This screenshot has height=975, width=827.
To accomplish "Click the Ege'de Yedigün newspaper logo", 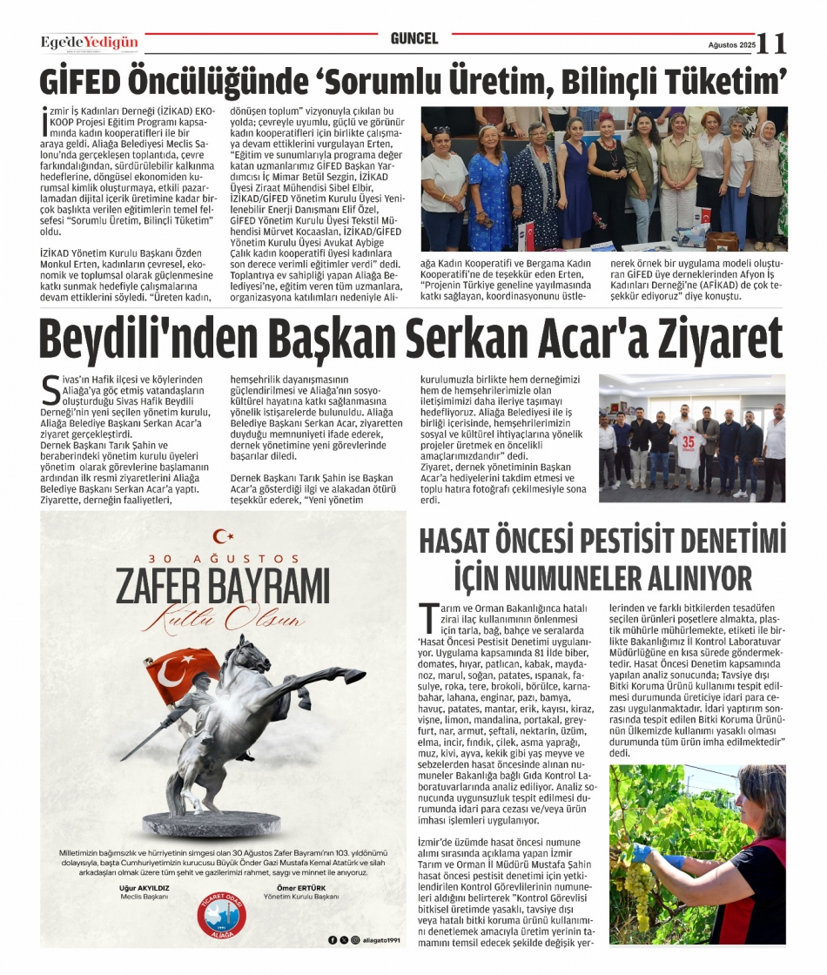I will pyautogui.click(x=89, y=43).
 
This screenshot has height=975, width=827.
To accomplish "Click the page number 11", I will pyautogui.click(x=771, y=43).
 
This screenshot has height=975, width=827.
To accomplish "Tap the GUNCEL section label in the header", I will pyautogui.click(x=414, y=39).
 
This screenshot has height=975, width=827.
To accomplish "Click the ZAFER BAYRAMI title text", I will pyautogui.click(x=223, y=587).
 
